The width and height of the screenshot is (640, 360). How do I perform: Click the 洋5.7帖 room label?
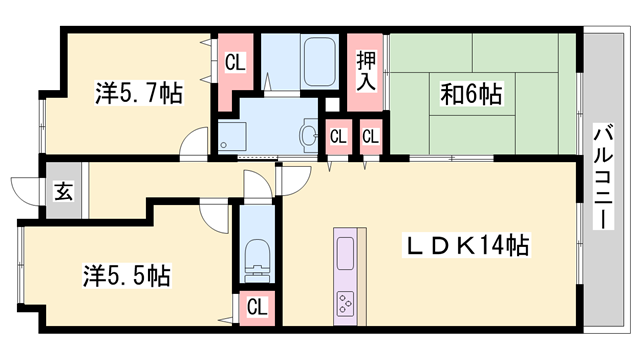point(139,94)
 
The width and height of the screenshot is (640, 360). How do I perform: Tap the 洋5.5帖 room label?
point(126,272)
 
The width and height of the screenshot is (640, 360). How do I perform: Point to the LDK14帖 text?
point(466,244)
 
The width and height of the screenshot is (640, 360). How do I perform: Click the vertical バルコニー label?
point(603,177)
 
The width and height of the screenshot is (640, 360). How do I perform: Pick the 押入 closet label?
point(366,69)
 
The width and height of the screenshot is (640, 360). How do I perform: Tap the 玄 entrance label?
point(62,190)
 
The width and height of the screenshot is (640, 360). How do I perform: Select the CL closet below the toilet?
point(256,307)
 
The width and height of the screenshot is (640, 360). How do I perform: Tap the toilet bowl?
point(256,258)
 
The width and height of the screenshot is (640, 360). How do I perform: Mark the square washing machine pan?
point(232,138)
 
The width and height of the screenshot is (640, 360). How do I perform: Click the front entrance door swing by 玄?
point(25,188)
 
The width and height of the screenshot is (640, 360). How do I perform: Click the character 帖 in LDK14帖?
point(516,244)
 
